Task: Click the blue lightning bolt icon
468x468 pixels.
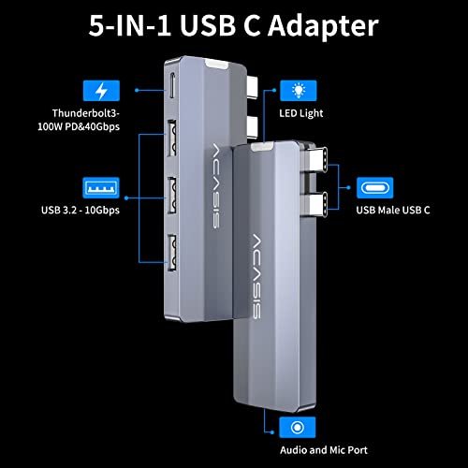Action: pyautogui.click(x=101, y=91)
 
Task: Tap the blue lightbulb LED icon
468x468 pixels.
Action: pyautogui.click(x=299, y=91)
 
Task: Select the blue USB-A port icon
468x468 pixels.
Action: pyautogui.click(x=101, y=188)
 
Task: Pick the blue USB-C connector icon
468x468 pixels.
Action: pyautogui.click(x=374, y=188)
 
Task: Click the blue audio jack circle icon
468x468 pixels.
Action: pyautogui.click(x=298, y=428)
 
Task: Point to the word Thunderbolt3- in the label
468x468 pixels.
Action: pyautogui.click(x=86, y=113)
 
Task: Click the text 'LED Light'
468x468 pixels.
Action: pyautogui.click(x=301, y=113)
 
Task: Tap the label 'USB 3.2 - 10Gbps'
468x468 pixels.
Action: pyautogui.click(x=80, y=210)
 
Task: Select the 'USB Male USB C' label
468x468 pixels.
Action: pyautogui.click(x=393, y=210)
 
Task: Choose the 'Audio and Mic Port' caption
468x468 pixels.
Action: pyautogui.click(x=324, y=450)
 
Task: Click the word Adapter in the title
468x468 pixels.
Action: pyautogui.click(x=323, y=27)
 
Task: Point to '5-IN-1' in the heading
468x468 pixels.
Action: pyautogui.click(x=130, y=26)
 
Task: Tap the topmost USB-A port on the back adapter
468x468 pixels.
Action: pyautogui.click(x=171, y=138)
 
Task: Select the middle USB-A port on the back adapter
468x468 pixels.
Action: pyautogui.click(x=172, y=195)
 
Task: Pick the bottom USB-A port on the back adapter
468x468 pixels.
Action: pyautogui.click(x=172, y=253)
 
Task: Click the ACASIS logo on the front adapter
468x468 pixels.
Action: pyautogui.click(x=256, y=276)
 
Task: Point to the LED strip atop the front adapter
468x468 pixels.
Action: pyautogui.click(x=262, y=146)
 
